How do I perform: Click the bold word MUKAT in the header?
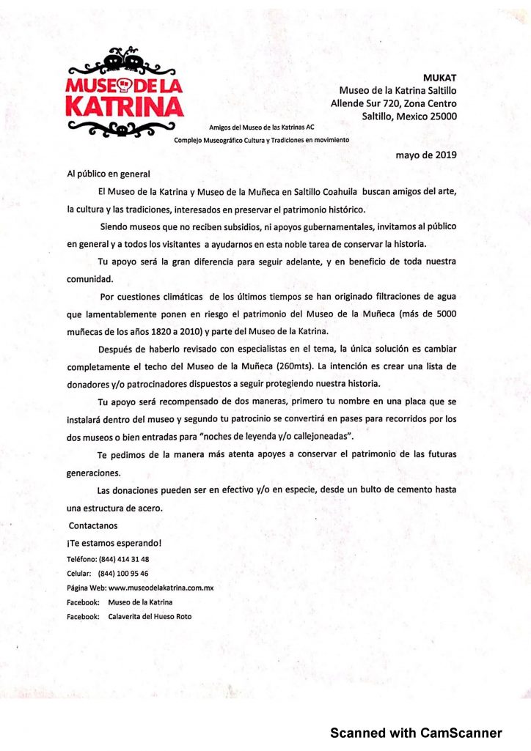(x=440, y=77)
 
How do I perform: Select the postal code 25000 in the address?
(x=439, y=116)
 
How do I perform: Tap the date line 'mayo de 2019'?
(x=426, y=154)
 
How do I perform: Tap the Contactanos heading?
(x=93, y=525)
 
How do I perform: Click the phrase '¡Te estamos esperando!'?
(x=114, y=543)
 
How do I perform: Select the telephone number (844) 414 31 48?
(x=124, y=558)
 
